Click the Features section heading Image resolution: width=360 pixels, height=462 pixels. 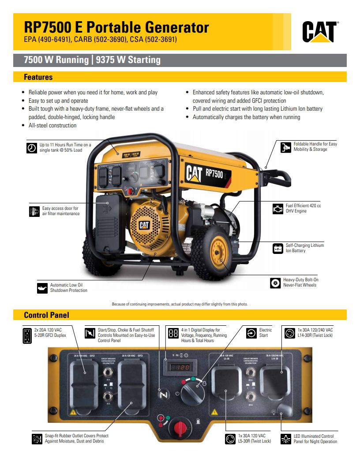[38, 77]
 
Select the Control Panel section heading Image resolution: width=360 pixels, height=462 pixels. [46, 315]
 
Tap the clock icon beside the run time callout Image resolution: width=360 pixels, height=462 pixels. [32, 148]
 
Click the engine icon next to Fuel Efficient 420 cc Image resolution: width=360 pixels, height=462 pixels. [277, 209]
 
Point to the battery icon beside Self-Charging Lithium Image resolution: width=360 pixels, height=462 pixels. [277, 248]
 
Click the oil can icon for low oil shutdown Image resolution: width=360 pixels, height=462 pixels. [42, 288]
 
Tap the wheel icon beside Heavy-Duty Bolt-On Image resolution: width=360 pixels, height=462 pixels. [275, 283]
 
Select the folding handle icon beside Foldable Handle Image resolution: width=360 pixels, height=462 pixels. [286, 147]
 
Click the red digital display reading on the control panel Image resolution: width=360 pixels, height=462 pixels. [180, 366]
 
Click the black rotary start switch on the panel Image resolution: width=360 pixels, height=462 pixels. [190, 390]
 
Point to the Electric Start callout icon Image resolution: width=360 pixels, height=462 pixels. [251, 333]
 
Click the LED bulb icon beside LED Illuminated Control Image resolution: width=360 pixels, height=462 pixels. [286, 439]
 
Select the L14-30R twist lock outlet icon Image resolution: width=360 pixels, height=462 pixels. [289, 333]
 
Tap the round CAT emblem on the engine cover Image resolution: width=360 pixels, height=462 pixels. [144, 225]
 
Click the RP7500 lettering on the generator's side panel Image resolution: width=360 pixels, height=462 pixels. [214, 172]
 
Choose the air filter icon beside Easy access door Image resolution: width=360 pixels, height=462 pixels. [34, 211]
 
